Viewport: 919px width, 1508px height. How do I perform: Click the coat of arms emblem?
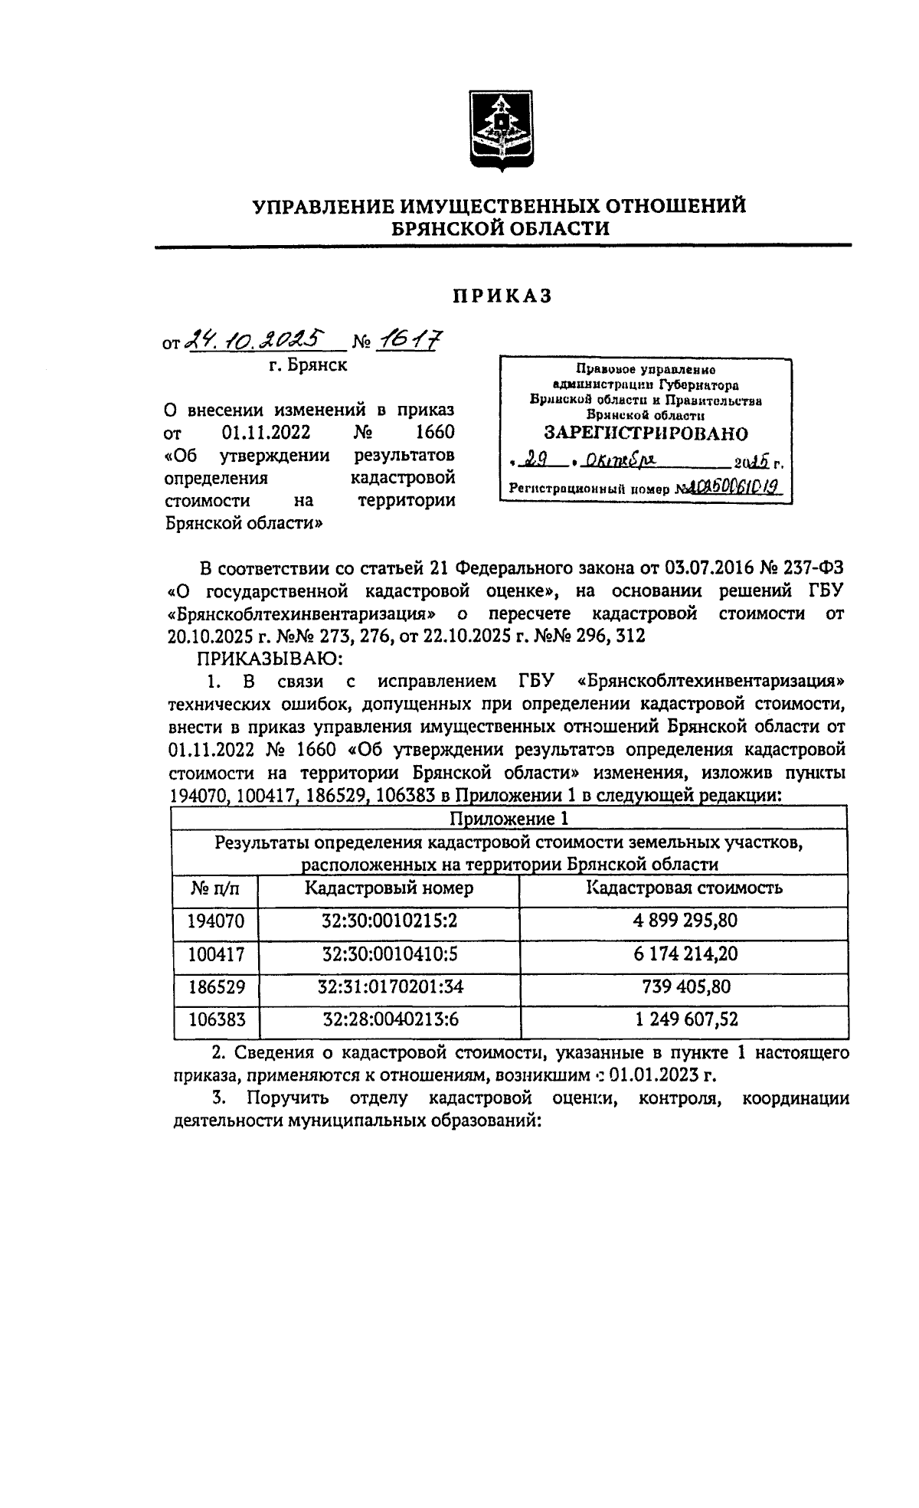click(x=502, y=132)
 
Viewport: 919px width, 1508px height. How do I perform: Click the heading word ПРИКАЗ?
click(x=502, y=296)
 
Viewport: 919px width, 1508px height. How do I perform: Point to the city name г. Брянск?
click(x=308, y=365)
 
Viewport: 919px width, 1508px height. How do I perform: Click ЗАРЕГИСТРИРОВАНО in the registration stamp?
click(x=646, y=433)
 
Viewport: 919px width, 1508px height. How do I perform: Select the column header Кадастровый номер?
click(x=388, y=888)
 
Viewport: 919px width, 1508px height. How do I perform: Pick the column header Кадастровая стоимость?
click(x=684, y=888)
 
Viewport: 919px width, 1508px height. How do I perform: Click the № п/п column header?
click(x=215, y=888)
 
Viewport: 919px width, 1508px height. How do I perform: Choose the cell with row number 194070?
click(x=216, y=920)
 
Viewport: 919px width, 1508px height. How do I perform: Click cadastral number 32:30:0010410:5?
click(x=389, y=954)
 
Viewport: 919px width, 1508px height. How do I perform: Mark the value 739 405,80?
click(x=684, y=986)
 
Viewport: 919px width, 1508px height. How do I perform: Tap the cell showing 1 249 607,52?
click(x=684, y=1019)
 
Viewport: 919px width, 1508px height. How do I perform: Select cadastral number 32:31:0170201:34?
click(x=389, y=986)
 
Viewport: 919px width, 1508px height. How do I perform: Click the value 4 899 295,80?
click(x=684, y=920)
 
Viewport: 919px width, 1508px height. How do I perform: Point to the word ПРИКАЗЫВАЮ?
click(x=263, y=657)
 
